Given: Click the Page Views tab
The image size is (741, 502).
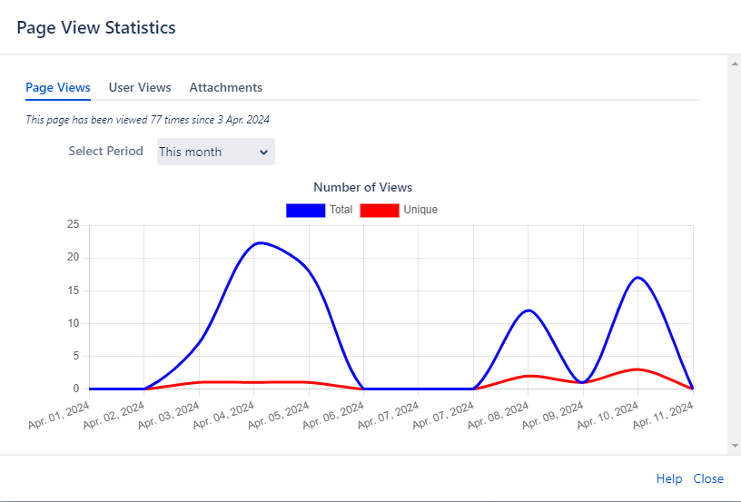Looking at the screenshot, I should tap(58, 87).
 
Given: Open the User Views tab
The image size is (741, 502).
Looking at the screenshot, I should tap(140, 87).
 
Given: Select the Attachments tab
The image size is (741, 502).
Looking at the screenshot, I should tap(226, 87).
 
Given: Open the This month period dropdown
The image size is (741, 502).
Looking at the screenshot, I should tap(216, 152).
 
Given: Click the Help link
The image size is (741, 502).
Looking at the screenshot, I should tap(669, 478).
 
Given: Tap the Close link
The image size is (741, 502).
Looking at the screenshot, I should tap(708, 478).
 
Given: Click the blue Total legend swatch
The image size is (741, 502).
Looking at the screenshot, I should tap(305, 210).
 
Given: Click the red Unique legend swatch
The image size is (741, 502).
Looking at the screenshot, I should tap(380, 210).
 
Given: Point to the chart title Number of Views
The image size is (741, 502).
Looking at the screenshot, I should tap(362, 187).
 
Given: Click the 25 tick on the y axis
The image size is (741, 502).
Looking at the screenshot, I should tap(73, 225).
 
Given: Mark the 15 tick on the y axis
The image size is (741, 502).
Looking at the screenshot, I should tap(73, 290).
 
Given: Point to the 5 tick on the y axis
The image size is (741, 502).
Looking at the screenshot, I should tap(76, 356).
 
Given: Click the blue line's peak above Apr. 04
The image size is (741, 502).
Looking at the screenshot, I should tap(260, 242).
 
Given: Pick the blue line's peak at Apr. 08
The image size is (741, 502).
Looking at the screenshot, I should tap(529, 310).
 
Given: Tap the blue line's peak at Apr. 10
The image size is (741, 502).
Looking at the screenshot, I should tap(638, 277).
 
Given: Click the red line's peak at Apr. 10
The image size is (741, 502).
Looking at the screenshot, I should tap(638, 369).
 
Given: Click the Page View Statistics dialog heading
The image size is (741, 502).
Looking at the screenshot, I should tap(96, 27).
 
